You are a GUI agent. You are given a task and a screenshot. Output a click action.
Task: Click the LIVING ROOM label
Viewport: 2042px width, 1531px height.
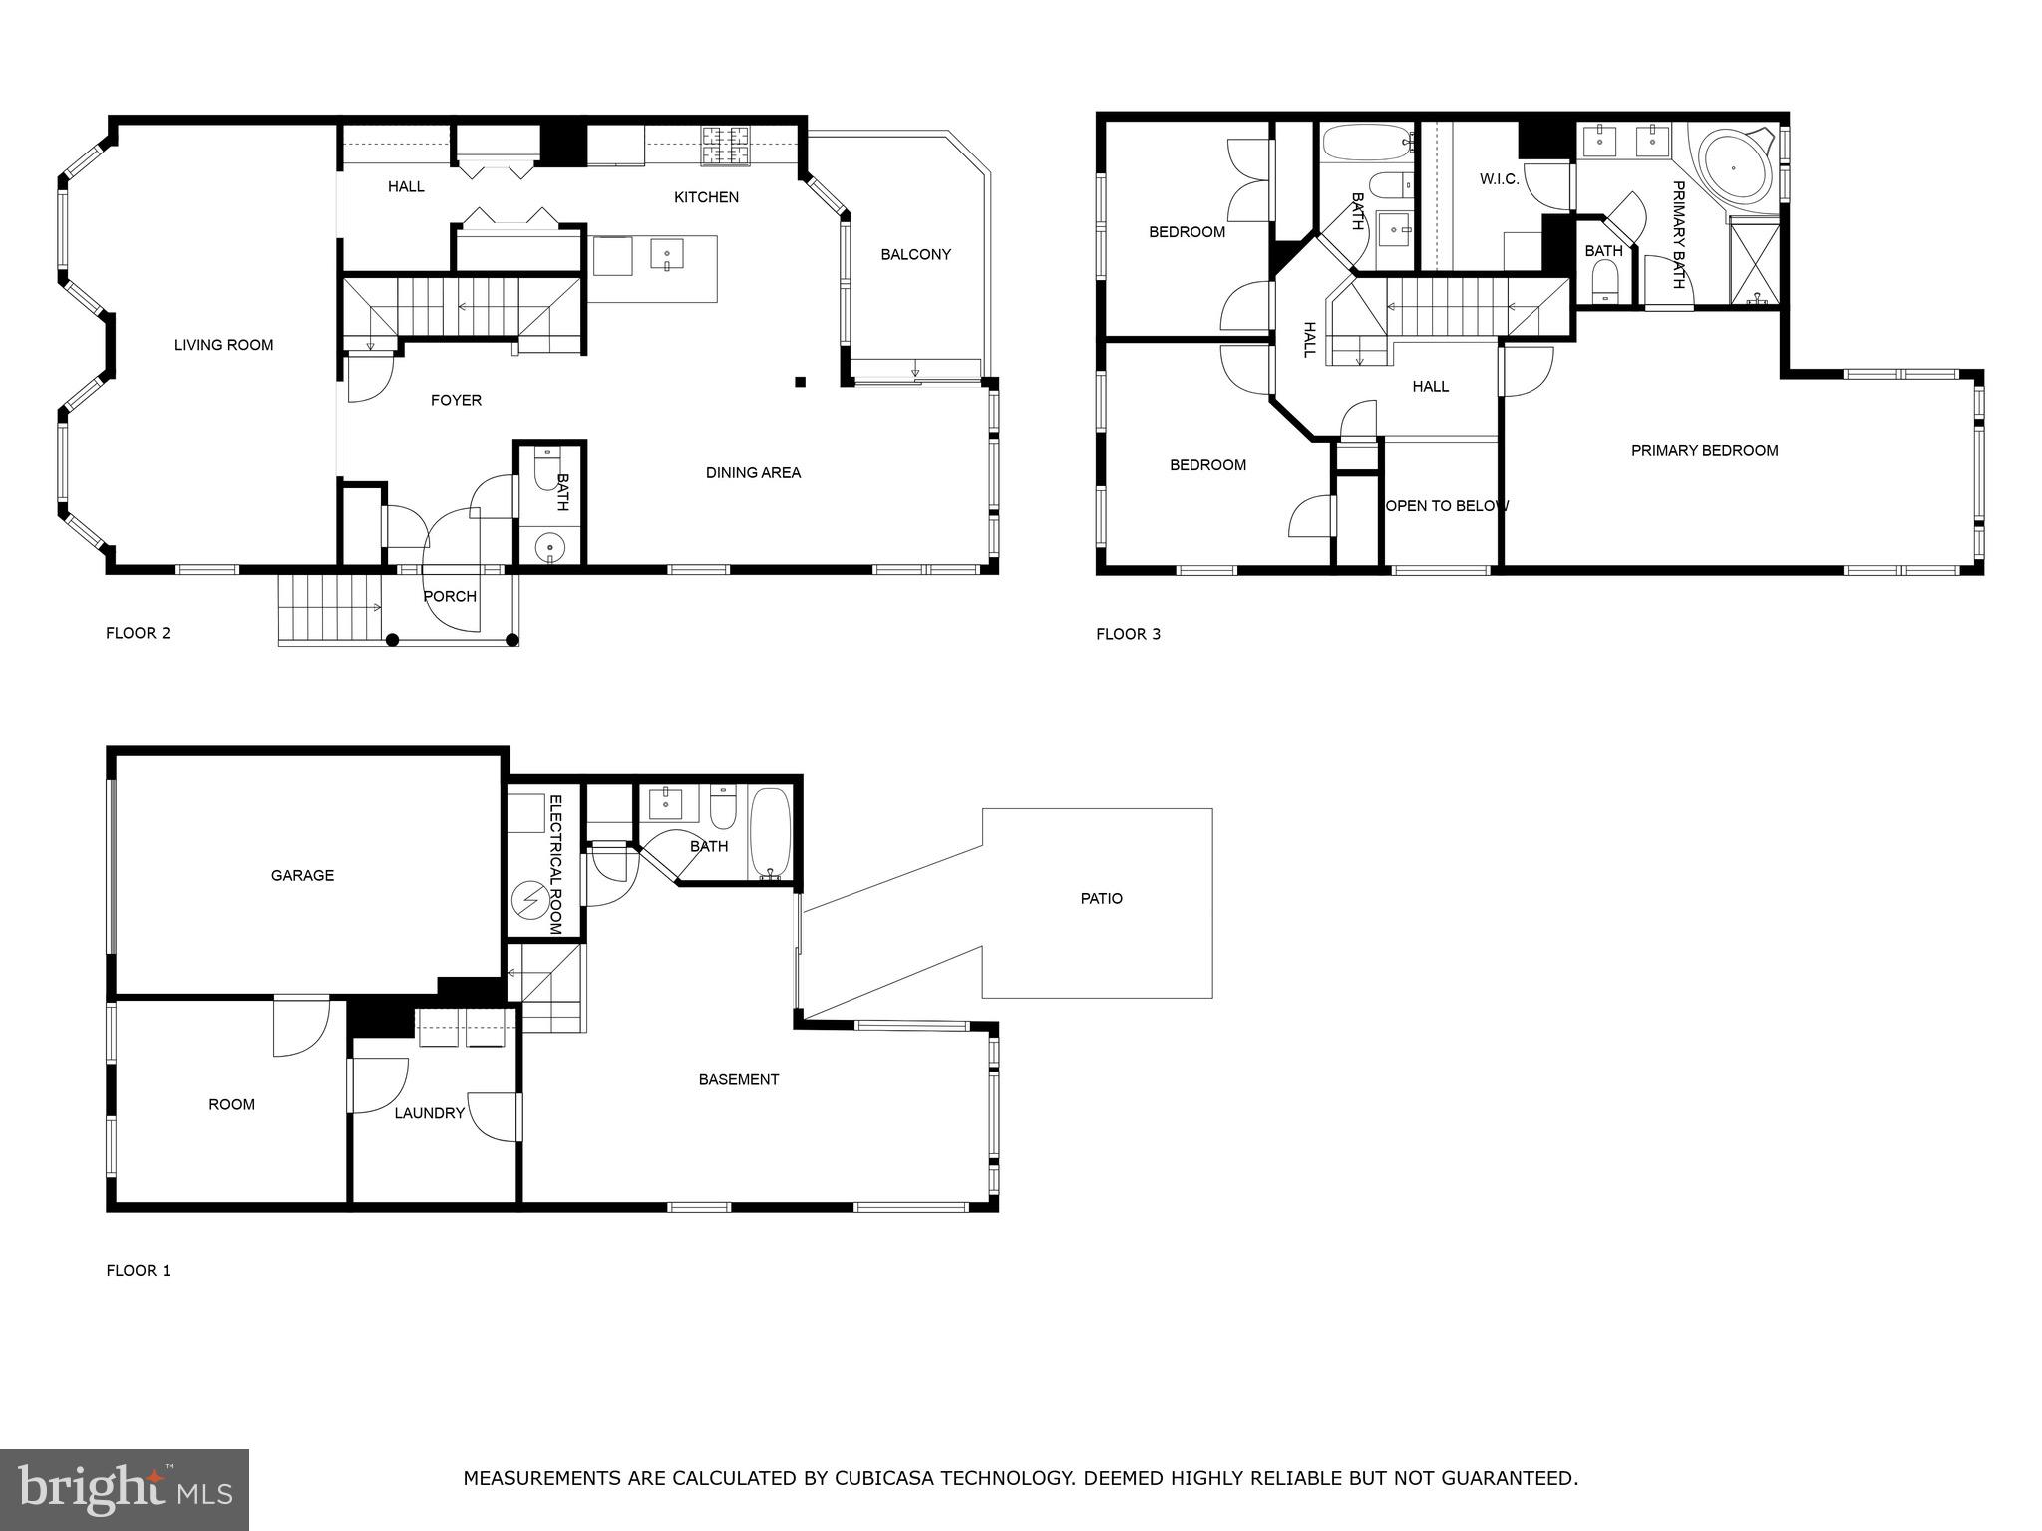point(223,345)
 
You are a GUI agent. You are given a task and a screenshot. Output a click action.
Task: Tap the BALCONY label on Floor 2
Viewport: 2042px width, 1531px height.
point(915,254)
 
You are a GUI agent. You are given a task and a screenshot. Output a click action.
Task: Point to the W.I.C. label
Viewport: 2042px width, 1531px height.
point(1499,179)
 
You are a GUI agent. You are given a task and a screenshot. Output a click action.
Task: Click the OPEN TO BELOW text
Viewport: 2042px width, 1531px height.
point(1447,506)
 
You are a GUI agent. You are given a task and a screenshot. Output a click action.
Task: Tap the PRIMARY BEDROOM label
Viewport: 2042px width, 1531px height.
point(1704,451)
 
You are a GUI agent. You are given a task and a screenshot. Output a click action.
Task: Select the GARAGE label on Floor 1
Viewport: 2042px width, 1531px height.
point(302,875)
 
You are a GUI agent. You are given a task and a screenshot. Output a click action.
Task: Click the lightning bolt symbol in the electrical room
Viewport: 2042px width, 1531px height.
point(526,901)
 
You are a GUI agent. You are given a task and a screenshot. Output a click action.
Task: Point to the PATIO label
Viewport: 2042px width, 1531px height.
point(1101,898)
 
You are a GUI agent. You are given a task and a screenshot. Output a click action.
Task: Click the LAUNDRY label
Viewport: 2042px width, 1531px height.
point(429,1113)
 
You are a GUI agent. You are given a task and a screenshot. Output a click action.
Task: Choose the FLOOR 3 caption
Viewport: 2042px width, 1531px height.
point(1128,634)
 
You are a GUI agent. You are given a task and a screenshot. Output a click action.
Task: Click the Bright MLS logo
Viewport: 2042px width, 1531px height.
point(124,1489)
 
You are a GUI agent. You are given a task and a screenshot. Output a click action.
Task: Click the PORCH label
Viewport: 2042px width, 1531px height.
point(450,596)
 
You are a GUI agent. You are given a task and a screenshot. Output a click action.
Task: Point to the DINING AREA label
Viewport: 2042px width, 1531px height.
point(753,472)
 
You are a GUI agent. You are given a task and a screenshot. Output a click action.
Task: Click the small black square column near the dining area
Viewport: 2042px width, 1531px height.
point(800,381)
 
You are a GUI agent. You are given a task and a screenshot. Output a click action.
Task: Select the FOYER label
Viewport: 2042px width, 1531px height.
point(456,400)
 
